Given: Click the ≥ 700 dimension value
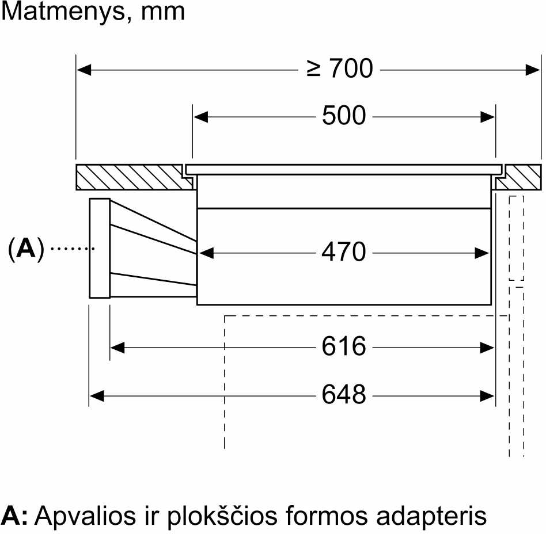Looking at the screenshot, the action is (340, 68).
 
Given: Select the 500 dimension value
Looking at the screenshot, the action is (344, 115).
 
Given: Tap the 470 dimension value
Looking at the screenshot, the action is (344, 251).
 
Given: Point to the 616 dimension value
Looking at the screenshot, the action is (344, 346).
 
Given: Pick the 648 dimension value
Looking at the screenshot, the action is (344, 395).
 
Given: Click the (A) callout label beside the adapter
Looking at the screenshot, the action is (26, 249).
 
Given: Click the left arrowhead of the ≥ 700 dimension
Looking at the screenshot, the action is (84, 70).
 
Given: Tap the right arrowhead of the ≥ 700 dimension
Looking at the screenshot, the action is (533, 70).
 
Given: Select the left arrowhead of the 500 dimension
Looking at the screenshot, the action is (200, 117).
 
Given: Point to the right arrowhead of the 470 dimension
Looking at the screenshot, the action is (482, 253).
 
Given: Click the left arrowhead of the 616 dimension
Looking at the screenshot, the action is (117, 347).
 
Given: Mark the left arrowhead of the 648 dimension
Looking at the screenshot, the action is (97, 395).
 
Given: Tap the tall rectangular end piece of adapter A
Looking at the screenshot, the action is (100, 248).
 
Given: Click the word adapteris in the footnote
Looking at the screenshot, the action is (431, 516).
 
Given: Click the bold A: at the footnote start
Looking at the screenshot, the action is (14, 516).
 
